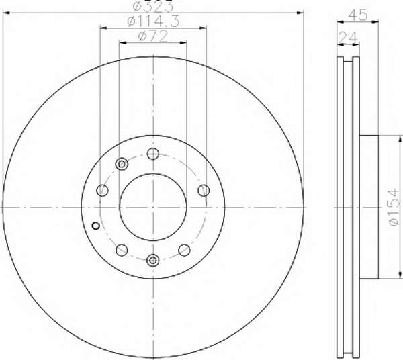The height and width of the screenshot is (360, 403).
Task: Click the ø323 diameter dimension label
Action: pos(153,7)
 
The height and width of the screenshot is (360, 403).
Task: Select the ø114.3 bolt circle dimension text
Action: pos(153,21)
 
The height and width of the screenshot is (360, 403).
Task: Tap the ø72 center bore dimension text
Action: pos(153,36)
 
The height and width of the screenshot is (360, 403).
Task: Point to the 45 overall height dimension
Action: pos(357,15)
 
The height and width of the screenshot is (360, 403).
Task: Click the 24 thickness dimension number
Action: pos(348,38)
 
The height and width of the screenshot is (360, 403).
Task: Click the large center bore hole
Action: pos(153,207)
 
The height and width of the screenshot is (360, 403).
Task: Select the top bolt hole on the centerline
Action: pos(153,154)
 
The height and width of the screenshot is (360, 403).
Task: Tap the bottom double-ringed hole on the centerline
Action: pos(153,261)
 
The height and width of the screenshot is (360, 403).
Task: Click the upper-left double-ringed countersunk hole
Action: pos(122,164)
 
